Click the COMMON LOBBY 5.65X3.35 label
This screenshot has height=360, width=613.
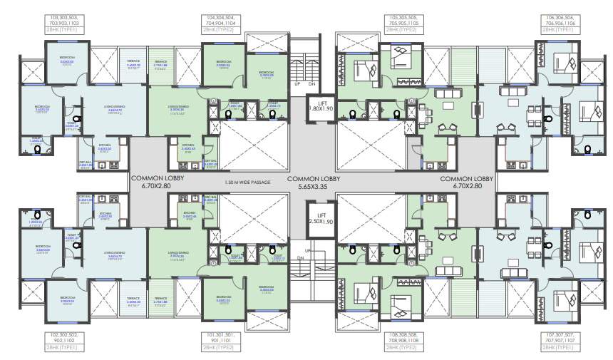(314, 182)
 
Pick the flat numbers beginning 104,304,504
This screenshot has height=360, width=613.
(224, 19)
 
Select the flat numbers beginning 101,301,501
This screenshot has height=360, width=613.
(224, 337)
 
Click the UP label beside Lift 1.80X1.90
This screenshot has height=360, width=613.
(297, 83)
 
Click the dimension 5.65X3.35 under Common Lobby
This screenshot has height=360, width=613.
(314, 187)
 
